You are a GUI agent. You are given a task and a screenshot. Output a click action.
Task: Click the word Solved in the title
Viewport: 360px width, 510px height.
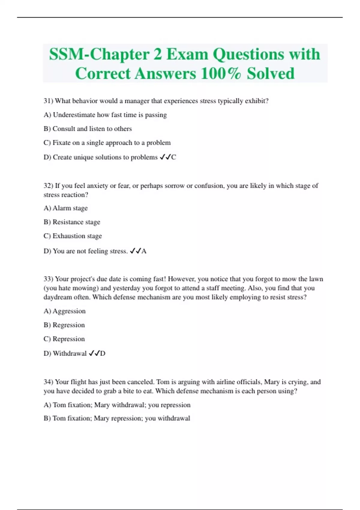click(x=271, y=73)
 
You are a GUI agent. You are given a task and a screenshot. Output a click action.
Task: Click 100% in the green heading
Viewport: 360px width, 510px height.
click(x=220, y=73)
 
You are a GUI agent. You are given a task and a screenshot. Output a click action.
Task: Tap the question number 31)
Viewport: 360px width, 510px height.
click(x=48, y=101)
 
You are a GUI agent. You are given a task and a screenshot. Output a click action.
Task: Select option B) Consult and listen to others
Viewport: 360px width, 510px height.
click(x=88, y=129)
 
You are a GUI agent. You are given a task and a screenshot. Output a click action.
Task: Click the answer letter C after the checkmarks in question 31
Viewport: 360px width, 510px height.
click(x=174, y=157)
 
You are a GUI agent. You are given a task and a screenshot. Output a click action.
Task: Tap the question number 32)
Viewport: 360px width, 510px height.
click(x=48, y=186)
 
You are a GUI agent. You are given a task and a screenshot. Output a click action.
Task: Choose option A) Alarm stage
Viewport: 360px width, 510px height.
click(x=66, y=208)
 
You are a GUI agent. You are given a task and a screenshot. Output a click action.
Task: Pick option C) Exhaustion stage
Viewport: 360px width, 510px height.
click(x=73, y=236)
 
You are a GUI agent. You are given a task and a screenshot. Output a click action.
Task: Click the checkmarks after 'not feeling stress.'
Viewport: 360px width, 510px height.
click(x=135, y=251)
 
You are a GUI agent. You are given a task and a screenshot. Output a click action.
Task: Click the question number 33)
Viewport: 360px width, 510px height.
click(x=48, y=279)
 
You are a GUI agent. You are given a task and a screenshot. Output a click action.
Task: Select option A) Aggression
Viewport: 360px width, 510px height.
click(x=64, y=311)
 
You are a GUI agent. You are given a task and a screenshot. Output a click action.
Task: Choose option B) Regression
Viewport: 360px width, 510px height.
click(x=64, y=325)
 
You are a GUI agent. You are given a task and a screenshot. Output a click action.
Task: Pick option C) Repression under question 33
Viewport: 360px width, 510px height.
click(x=64, y=339)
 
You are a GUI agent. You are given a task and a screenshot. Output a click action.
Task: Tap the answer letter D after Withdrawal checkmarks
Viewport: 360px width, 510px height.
click(x=103, y=353)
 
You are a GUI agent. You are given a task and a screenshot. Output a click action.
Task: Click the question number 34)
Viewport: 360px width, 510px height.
click(x=48, y=382)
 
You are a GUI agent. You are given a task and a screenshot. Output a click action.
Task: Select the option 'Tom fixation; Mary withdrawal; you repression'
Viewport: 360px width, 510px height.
click(x=117, y=405)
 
